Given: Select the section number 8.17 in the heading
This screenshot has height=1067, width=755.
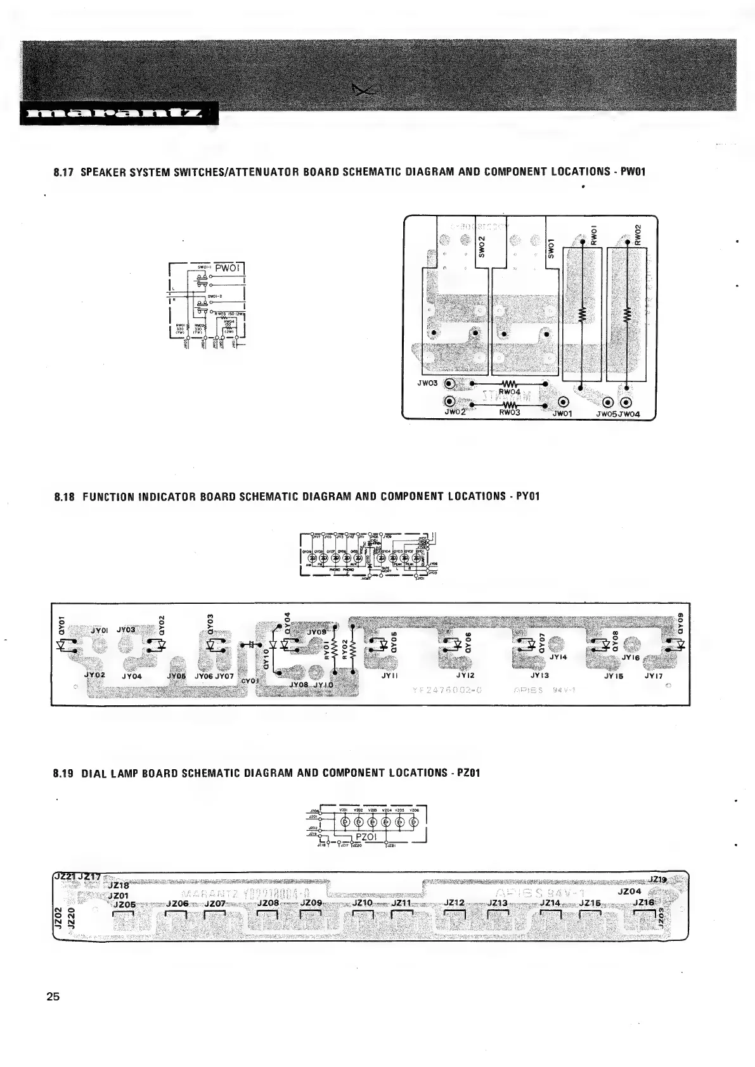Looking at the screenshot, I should pos(63,172).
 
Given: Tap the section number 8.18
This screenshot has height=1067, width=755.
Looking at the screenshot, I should pos(64,495).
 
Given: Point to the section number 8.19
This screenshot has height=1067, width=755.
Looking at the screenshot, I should pos(64,773).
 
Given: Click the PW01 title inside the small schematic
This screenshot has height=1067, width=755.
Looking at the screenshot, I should pos(226,268).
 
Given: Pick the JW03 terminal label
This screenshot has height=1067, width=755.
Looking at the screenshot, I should pos(428,383).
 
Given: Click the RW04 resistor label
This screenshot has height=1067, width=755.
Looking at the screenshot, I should pos(509,392).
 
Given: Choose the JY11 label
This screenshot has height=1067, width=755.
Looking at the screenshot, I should pos(390,676).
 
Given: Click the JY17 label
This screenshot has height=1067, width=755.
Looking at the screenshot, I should pos(654,676).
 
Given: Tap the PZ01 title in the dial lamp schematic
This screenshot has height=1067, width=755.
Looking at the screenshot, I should pos(367,837).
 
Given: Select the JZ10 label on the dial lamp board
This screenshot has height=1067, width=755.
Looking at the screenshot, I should pos(361,903).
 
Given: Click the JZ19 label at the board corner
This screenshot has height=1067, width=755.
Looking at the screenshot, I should pos(659,880).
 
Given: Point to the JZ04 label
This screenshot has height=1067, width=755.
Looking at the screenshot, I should pos(629,891).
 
